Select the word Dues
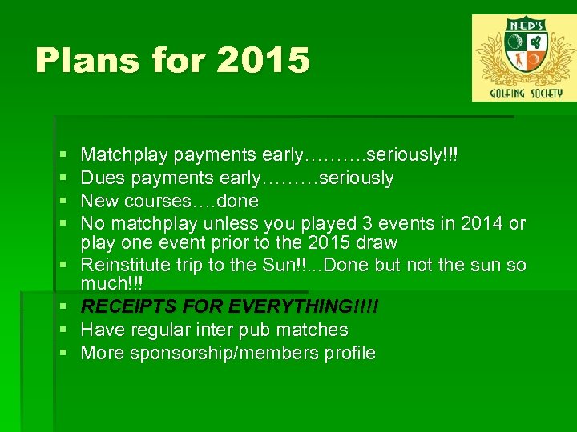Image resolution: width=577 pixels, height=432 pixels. click(x=103, y=178)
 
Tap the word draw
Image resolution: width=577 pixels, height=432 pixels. click(x=377, y=242)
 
